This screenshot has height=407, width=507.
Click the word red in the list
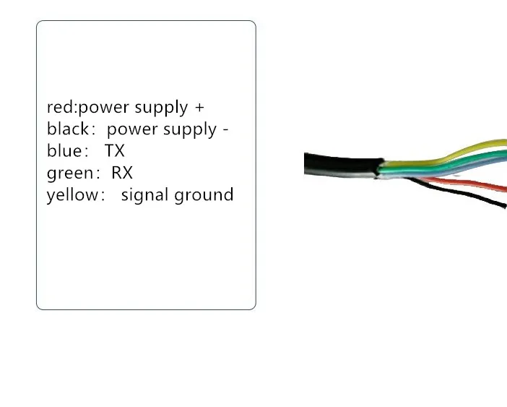click(59, 108)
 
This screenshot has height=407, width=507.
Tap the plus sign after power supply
click(199, 108)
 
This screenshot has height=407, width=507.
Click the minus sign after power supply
click(225, 130)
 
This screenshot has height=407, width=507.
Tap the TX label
click(114, 151)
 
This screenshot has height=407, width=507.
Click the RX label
click(122, 173)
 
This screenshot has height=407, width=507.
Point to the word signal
click(146, 195)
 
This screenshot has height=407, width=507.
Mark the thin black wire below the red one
click(462, 197)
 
